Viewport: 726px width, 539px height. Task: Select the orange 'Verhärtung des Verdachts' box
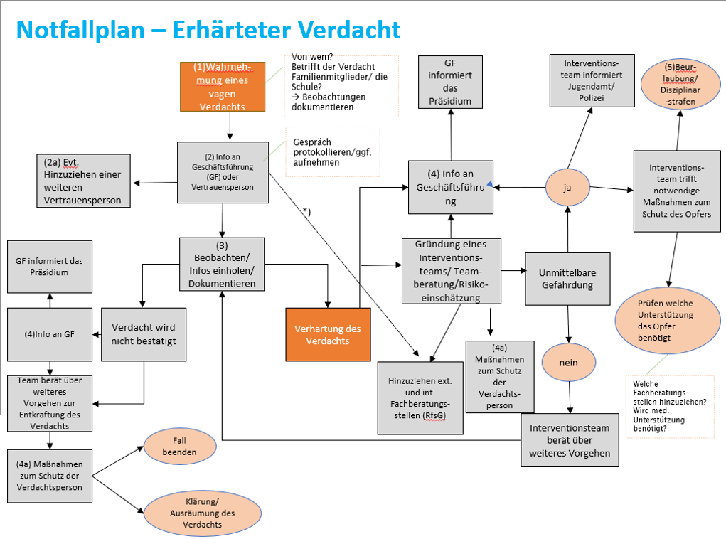(328, 335)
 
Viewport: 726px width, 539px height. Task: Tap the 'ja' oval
(567, 188)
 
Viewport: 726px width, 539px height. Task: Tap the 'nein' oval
(568, 363)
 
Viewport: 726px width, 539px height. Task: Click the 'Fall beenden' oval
(179, 446)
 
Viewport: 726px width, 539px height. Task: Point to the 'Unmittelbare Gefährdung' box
(567, 279)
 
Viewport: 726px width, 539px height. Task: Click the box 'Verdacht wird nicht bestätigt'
(144, 334)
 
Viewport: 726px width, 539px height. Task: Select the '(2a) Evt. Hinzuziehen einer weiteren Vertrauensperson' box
(82, 181)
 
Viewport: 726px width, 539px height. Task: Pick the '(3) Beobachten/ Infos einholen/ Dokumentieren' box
(222, 264)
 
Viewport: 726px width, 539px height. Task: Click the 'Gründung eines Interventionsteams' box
(450, 271)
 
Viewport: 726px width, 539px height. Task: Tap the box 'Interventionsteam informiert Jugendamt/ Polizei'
(592, 80)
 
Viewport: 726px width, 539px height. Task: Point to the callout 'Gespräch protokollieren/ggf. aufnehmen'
(333, 152)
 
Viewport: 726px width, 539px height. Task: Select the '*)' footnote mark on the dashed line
(306, 212)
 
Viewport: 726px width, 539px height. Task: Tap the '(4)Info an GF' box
(50, 334)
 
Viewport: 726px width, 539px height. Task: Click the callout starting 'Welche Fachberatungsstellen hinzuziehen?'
(669, 406)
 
